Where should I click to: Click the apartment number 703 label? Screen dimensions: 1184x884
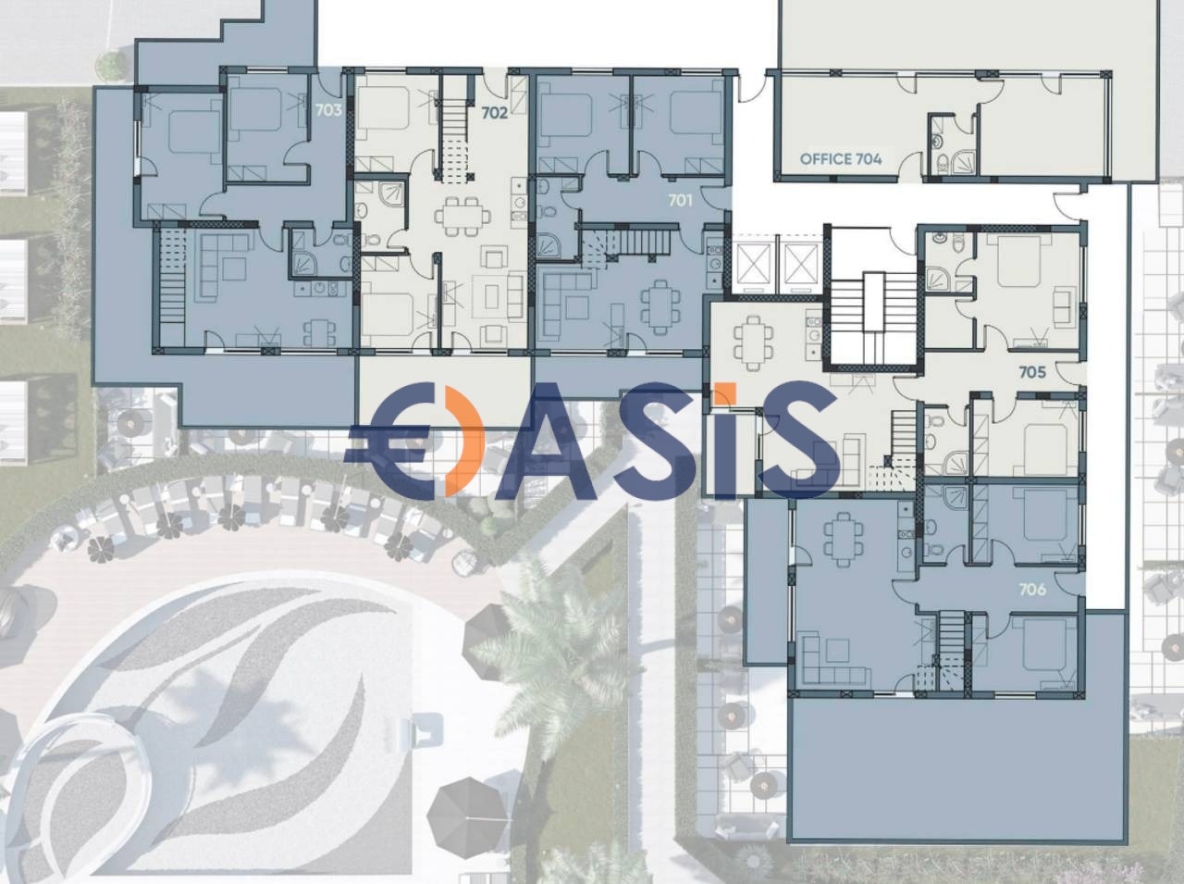tap(328, 110)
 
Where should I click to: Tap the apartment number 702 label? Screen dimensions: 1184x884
tap(494, 113)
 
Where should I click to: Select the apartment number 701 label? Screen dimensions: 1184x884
tap(680, 201)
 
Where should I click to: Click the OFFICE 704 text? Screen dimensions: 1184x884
tap(841, 158)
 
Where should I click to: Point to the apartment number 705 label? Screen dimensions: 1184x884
tap(1032, 372)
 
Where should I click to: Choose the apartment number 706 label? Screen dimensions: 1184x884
tap(1032, 590)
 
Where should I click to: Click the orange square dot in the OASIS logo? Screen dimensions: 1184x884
tap(723, 394)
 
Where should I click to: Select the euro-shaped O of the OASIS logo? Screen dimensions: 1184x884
tap(415, 440)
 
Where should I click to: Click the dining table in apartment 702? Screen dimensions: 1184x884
tap(462, 217)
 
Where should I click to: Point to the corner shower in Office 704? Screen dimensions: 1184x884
tap(963, 162)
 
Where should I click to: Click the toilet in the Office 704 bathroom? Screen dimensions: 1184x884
tap(943, 163)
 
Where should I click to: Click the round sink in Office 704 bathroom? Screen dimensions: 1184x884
tap(938, 142)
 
